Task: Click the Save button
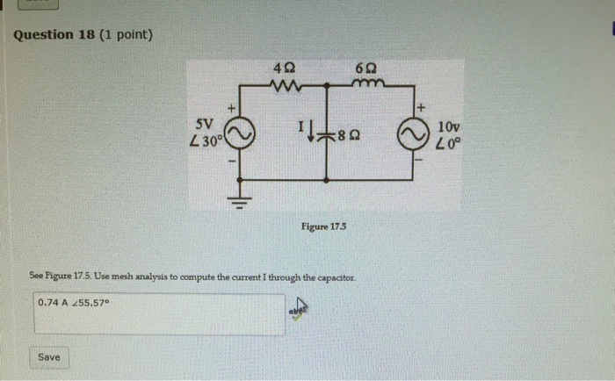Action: (x=49, y=357)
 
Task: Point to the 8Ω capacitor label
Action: (x=349, y=136)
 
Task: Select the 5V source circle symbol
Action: (x=242, y=135)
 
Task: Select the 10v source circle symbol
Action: (x=411, y=135)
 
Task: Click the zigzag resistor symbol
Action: (x=285, y=85)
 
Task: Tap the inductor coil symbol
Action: (x=365, y=84)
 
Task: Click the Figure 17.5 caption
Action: (x=324, y=226)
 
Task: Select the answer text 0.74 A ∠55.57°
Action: (x=75, y=303)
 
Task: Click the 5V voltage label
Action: (x=205, y=123)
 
